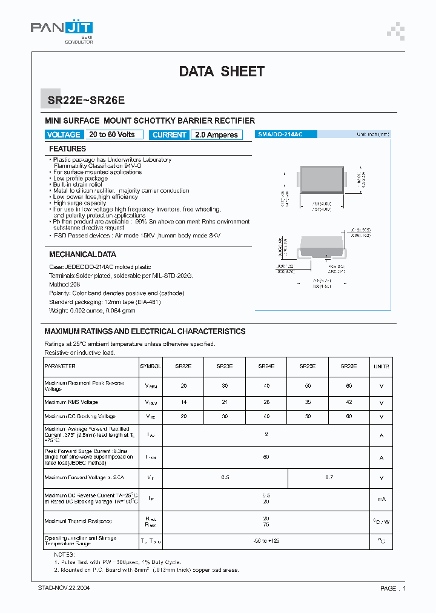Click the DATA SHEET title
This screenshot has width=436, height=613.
pos(222,71)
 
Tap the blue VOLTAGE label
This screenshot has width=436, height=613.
pos(63,135)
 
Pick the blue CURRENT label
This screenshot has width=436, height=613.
pos(170,135)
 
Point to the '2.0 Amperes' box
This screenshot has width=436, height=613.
pos(216,135)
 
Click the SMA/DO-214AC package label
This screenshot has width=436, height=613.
pos(280,134)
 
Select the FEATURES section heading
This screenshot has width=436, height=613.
pos(67,149)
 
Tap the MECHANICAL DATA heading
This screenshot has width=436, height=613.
pos(82,254)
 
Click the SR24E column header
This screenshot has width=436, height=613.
pos(266,366)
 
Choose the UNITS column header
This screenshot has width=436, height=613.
pos(381,366)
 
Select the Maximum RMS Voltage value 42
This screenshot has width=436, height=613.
pos(349,402)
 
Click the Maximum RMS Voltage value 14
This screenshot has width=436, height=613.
pos(183,402)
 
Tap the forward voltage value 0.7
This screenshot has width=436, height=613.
pos(329,478)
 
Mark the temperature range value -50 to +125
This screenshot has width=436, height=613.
pos(266,540)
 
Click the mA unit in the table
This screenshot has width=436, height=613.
pos(381,499)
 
